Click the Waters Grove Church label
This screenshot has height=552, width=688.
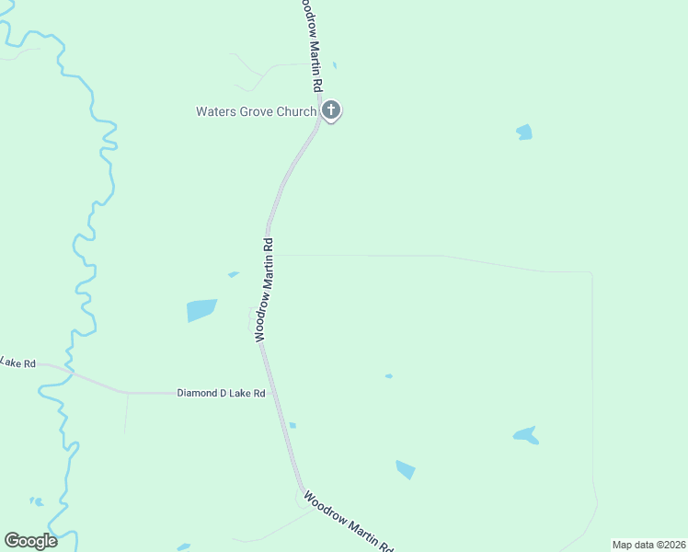[x=256, y=112]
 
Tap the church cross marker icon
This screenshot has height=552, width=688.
[x=331, y=111]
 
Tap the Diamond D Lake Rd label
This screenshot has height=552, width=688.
[x=221, y=394]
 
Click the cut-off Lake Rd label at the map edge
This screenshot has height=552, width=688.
[x=17, y=363]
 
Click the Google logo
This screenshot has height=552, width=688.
[x=30, y=541]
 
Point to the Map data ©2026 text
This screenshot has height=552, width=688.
[x=648, y=545]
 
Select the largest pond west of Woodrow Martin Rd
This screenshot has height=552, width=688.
[x=201, y=310]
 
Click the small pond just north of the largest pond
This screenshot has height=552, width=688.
[x=234, y=273]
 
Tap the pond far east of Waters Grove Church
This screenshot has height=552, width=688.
[x=524, y=132]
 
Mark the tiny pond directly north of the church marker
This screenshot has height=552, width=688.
[x=335, y=65]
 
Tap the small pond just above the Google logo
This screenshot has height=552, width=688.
[x=37, y=501]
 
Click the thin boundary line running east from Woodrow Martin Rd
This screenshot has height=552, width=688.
[x=441, y=256]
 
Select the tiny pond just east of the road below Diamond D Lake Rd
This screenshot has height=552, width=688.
[x=292, y=425]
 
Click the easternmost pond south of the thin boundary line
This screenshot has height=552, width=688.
[x=525, y=435]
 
